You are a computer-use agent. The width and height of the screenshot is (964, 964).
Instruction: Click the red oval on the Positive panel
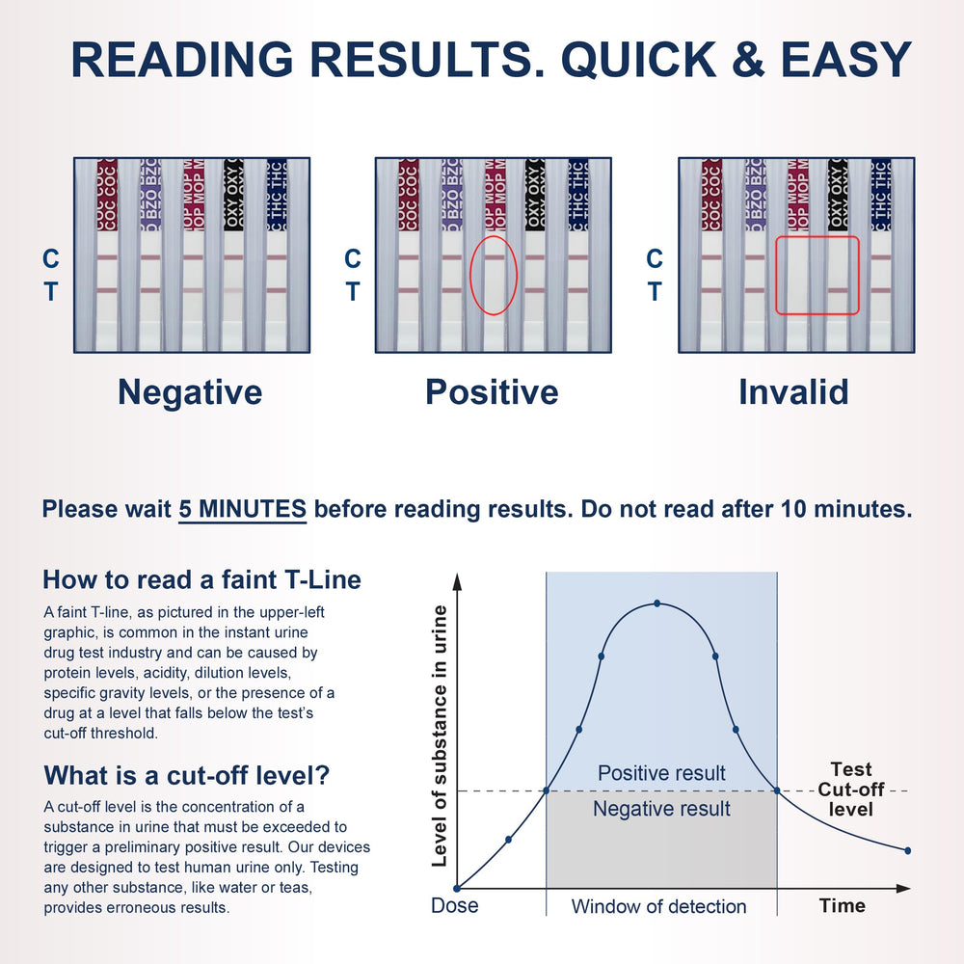pyautogui.click(x=471, y=276)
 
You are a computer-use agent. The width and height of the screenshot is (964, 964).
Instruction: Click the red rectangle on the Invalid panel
pyautogui.click(x=776, y=276)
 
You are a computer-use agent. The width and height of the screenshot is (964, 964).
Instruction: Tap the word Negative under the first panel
pyautogui.click(x=190, y=392)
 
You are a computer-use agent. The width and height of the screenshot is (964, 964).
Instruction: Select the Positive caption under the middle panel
pyautogui.click(x=492, y=392)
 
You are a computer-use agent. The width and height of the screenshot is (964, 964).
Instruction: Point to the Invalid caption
pyautogui.click(x=793, y=392)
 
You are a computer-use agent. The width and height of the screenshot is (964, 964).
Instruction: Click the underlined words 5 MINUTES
pyautogui.click(x=242, y=509)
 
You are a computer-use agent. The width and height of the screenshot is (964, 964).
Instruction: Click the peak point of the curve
pyautogui.click(x=657, y=603)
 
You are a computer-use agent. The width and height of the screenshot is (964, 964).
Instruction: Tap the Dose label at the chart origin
pyautogui.click(x=454, y=905)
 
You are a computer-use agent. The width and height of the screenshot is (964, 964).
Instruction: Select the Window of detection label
pyautogui.click(x=658, y=906)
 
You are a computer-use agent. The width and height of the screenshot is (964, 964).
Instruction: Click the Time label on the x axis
pyautogui.click(x=843, y=905)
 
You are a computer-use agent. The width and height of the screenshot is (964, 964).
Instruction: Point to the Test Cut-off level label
pyautogui.click(x=851, y=790)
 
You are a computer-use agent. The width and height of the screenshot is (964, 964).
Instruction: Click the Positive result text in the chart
pyautogui.click(x=661, y=773)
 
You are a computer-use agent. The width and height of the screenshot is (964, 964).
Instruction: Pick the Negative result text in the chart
pyautogui.click(x=661, y=809)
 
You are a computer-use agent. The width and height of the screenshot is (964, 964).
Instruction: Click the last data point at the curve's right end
pyautogui.click(x=907, y=851)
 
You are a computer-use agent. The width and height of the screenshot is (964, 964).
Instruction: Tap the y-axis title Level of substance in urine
pyautogui.click(x=440, y=736)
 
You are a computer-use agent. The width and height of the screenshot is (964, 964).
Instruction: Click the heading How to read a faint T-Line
pyautogui.click(x=201, y=579)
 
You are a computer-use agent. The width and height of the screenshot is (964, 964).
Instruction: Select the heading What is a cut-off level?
pyautogui.click(x=187, y=775)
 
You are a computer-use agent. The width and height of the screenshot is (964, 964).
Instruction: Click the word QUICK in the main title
pyautogui.click(x=638, y=60)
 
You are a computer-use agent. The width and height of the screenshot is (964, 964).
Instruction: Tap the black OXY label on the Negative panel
pyautogui.click(x=233, y=195)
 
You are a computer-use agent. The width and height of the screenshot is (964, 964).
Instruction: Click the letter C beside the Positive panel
pyautogui.click(x=352, y=258)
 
